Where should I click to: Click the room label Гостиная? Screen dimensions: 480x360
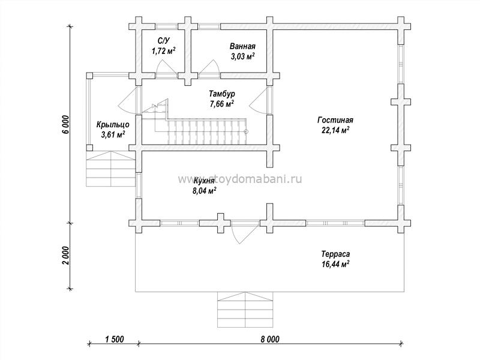point(335,120)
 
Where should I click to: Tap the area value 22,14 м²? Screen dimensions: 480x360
point(335,130)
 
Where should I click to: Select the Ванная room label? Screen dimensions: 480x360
point(242,47)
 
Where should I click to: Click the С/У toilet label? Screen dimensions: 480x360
point(163,41)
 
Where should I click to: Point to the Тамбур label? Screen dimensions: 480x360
point(222,94)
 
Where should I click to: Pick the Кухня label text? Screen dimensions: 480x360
point(204,181)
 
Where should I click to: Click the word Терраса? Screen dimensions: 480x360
point(335,254)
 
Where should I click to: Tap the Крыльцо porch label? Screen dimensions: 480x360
point(113,125)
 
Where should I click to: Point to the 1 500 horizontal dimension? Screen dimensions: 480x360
point(115,339)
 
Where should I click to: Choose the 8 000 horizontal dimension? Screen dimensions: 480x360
point(270,339)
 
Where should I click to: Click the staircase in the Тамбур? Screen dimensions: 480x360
point(200,125)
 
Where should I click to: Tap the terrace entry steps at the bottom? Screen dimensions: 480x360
point(245,310)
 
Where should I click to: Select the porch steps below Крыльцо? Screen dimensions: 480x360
point(110,169)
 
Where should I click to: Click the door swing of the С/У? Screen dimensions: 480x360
point(166,68)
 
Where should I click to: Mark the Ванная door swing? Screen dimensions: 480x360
point(209,68)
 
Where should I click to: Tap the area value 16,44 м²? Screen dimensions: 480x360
point(335,264)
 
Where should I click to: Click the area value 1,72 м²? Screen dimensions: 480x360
point(163,50)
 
